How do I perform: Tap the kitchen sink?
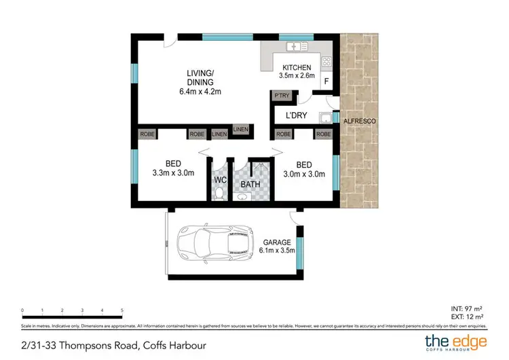pyautogui.click(x=297, y=47)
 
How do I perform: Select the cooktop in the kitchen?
pyautogui.click(x=326, y=62)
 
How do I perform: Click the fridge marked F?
pyautogui.click(x=326, y=82)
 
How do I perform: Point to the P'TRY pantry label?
pyautogui.click(x=282, y=96)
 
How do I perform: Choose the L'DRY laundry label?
pyautogui.click(x=297, y=116)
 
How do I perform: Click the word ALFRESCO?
pyautogui.click(x=360, y=120)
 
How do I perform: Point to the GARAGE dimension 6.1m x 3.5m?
pyautogui.click(x=277, y=251)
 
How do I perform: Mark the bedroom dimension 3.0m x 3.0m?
pyautogui.click(x=303, y=174)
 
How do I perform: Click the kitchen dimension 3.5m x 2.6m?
pyautogui.click(x=297, y=77)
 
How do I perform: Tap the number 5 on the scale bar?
pyautogui.click(x=121, y=310)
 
